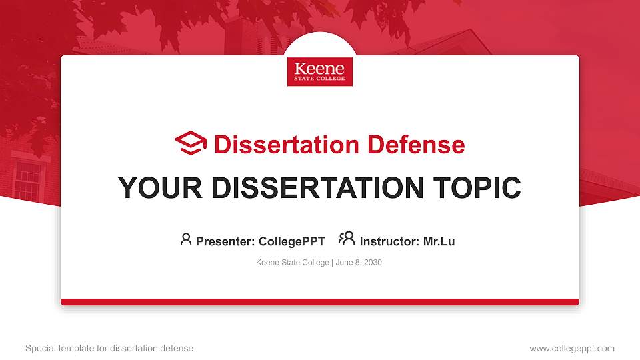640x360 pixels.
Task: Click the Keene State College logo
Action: click(x=319, y=71)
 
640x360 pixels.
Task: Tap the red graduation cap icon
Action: click(x=191, y=143)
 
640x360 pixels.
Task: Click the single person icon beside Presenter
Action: click(x=186, y=239)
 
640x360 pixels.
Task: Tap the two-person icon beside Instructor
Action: click(x=347, y=239)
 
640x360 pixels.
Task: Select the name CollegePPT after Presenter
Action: click(x=291, y=241)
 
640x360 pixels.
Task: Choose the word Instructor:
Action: click(x=389, y=241)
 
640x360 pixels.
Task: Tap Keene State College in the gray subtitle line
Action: click(x=292, y=263)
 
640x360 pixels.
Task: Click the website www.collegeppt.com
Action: click(x=571, y=348)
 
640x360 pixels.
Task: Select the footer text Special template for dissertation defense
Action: click(x=109, y=348)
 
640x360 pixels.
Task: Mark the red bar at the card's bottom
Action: click(x=319, y=302)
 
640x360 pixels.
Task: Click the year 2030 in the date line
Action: click(x=373, y=263)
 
